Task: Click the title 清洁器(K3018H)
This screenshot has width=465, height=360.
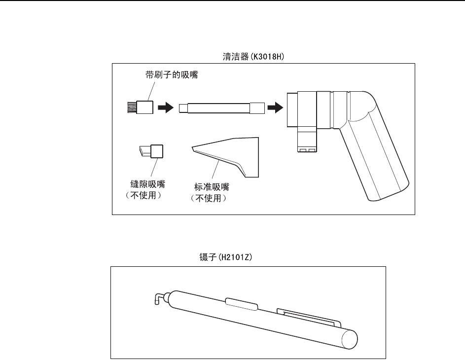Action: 253,57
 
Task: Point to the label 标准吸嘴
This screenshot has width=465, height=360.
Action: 213,187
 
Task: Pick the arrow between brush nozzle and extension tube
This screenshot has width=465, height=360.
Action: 165,107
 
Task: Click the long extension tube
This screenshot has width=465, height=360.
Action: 221,107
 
